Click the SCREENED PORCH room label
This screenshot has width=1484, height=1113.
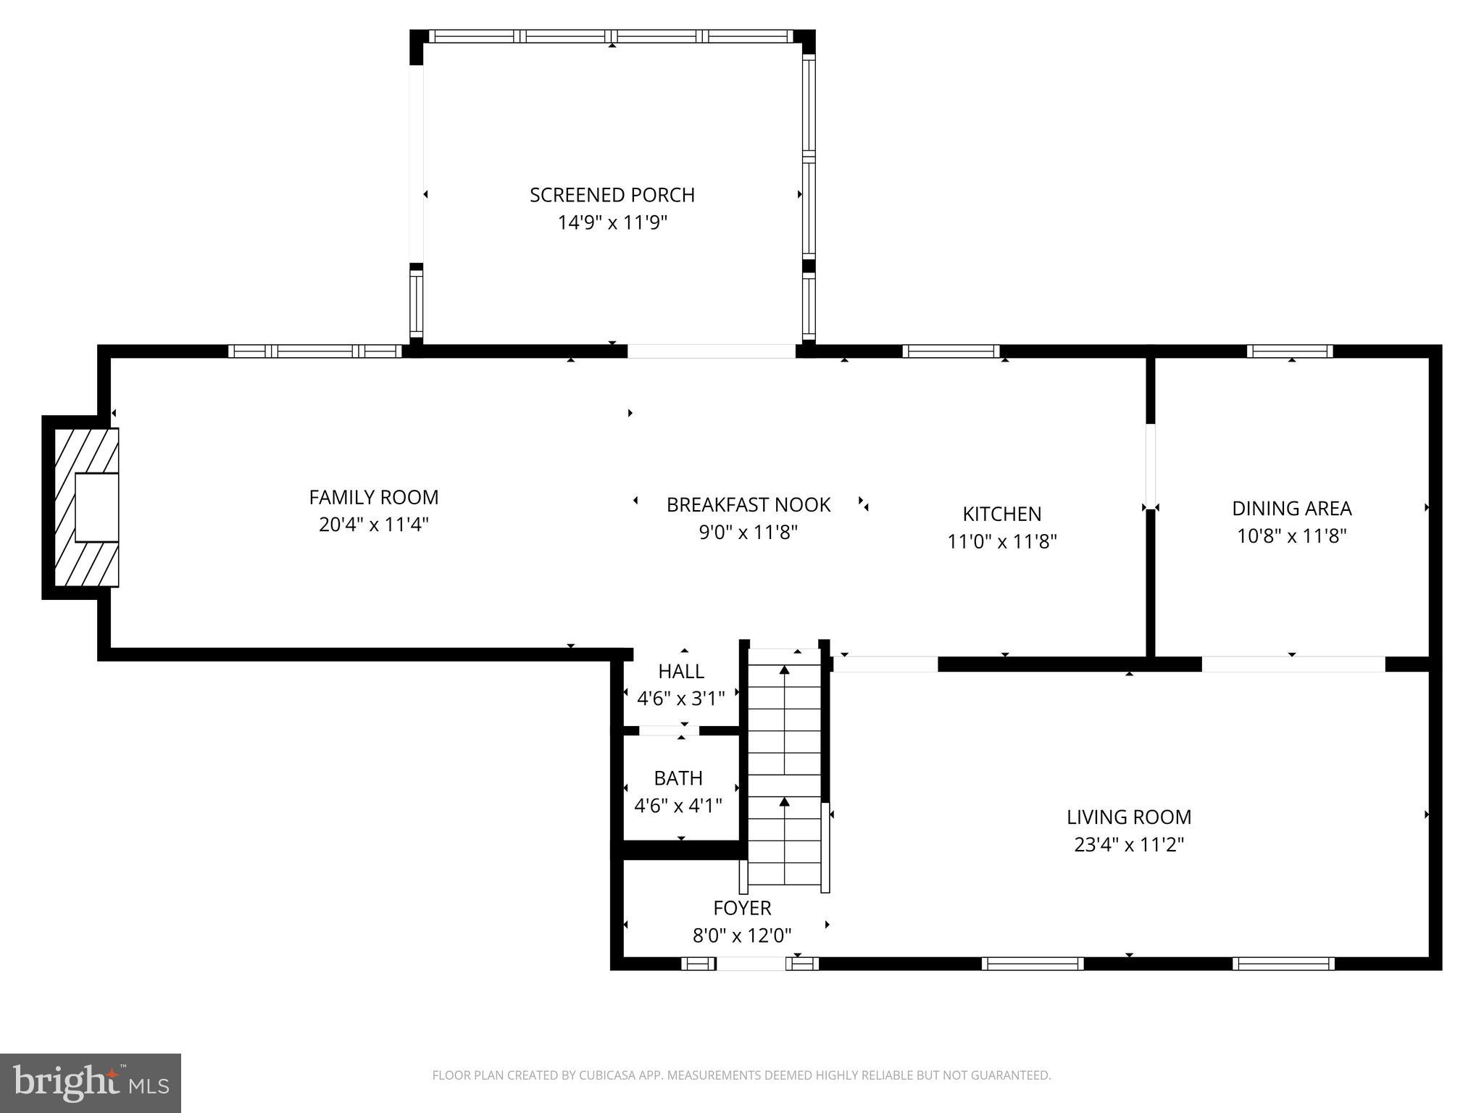point(612,195)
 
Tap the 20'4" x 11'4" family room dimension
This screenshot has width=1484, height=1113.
point(373,525)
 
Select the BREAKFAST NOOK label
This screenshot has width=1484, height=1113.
point(748,505)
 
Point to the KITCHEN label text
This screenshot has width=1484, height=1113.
point(1001,514)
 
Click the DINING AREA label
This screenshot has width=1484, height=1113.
point(1291,509)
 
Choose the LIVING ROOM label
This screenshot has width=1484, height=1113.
point(1128,817)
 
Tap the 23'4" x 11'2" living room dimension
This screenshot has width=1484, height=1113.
point(1128,845)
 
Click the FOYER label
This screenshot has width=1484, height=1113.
point(741,908)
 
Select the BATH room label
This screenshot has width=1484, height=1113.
point(678,778)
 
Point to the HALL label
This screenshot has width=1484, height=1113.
point(680,671)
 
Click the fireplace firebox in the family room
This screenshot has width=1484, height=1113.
point(96,507)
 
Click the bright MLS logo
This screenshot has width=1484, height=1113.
point(90,1083)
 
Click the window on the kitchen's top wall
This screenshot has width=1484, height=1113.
point(951,351)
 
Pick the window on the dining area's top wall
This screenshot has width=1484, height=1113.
point(1289,351)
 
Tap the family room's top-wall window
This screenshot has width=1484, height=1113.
point(314,351)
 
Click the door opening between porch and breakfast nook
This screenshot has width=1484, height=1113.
point(711,351)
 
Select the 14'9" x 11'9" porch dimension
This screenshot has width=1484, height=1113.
point(612,222)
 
